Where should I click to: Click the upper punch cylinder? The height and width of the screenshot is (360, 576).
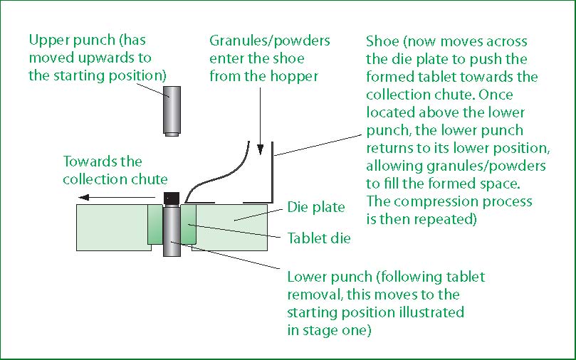pyautogui.click(x=172, y=111)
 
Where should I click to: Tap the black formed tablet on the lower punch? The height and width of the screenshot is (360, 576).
pyautogui.click(x=172, y=198)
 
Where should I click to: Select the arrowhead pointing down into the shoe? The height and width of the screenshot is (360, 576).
pyautogui.click(x=261, y=149)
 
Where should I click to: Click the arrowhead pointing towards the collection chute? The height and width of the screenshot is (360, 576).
pyautogui.click(x=84, y=198)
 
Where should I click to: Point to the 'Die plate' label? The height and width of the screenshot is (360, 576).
pyautogui.click(x=316, y=207)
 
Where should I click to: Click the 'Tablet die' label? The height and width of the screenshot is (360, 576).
pyautogui.click(x=319, y=238)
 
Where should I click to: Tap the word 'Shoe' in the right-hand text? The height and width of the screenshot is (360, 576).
pyautogui.click(x=382, y=41)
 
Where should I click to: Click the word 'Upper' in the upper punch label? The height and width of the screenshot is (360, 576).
pyautogui.click(x=49, y=41)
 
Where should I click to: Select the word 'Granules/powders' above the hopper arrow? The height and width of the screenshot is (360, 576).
pyautogui.click(x=270, y=41)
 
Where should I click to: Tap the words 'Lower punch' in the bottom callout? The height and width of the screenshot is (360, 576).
pyautogui.click(x=330, y=277)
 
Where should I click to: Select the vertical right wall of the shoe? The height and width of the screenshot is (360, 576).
pyautogui.click(x=272, y=172)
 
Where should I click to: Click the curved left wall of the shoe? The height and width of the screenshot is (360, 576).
pyautogui.click(x=216, y=171)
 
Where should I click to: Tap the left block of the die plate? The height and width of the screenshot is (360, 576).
pyautogui.click(x=112, y=228)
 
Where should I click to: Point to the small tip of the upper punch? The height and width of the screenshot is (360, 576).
pyautogui.click(x=172, y=134)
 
